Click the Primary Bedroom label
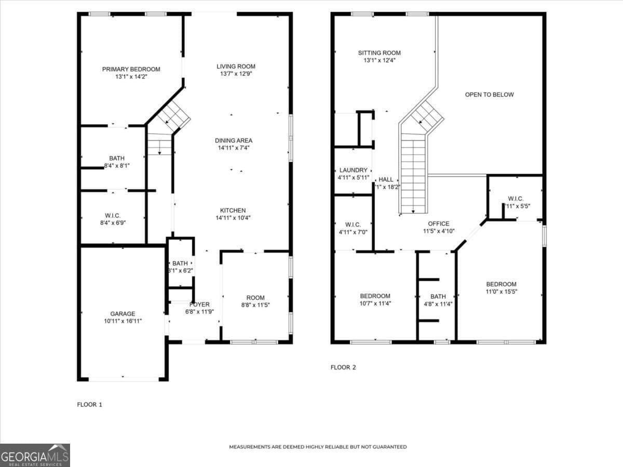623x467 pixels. (x=131, y=69)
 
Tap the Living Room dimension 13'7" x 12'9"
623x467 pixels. (x=236, y=74)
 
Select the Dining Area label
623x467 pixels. (x=234, y=140)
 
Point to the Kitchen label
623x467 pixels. (x=233, y=210)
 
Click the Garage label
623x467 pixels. (x=123, y=313)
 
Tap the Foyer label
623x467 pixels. (x=199, y=304)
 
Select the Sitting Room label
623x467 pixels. (x=379, y=53)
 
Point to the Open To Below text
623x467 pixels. (x=489, y=94)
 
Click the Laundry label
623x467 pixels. (x=353, y=170)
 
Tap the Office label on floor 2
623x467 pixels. (x=439, y=224)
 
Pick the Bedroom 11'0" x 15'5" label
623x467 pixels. (x=501, y=284)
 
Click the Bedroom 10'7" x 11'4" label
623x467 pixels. (x=375, y=296)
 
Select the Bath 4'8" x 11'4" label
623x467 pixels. (x=438, y=296)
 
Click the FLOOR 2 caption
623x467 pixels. (x=343, y=367)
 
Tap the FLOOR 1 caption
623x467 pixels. (x=89, y=404)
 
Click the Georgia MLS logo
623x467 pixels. (x=35, y=455)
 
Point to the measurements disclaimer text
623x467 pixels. (x=318, y=447)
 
